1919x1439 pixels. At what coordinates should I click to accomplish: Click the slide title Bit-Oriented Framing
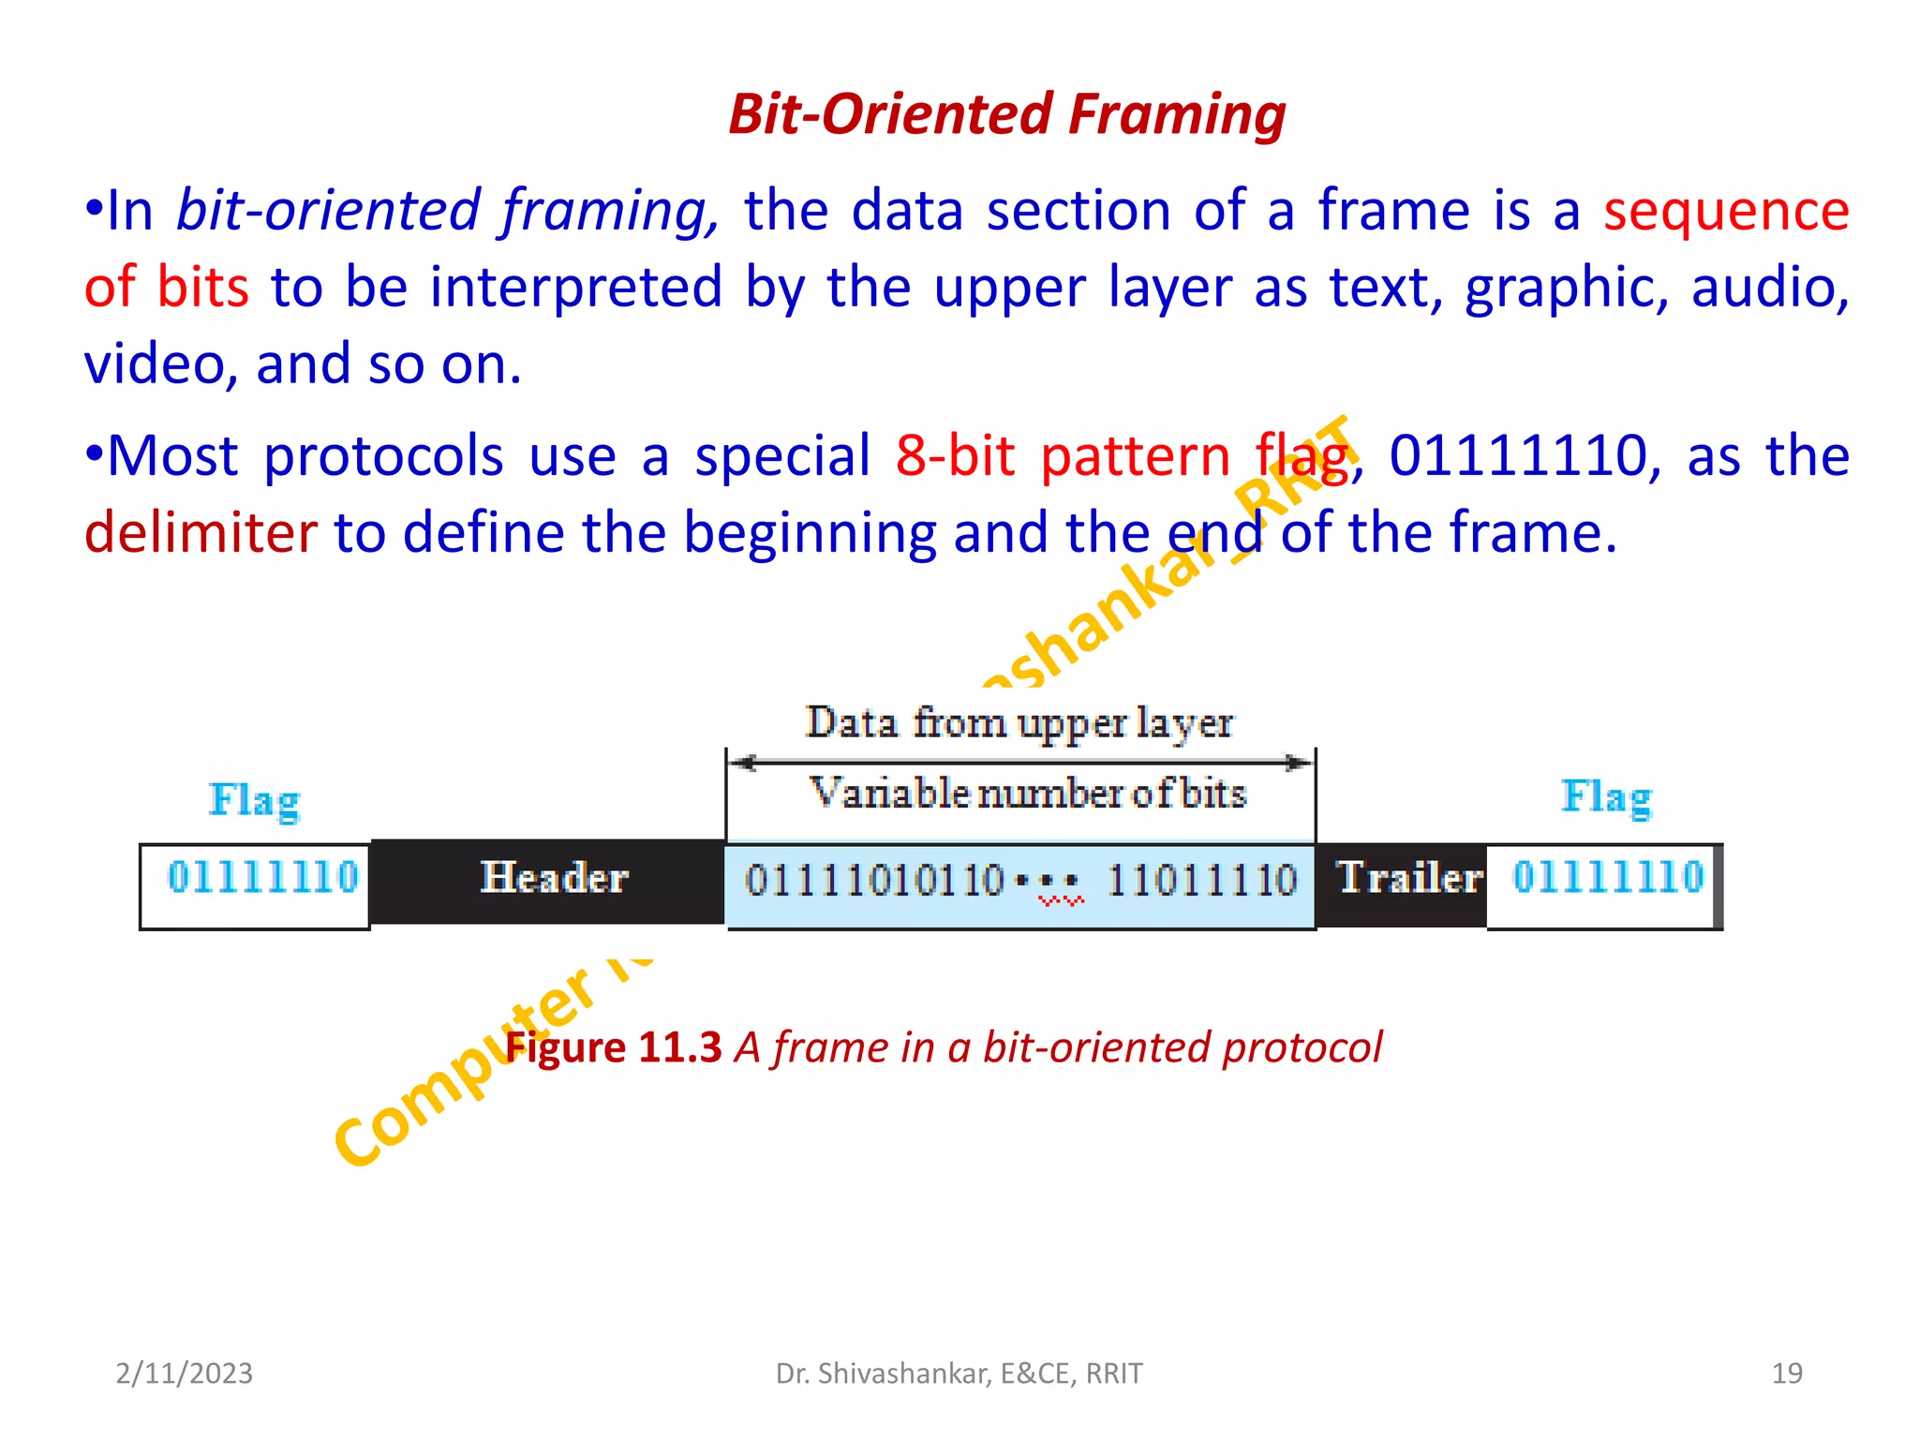click(x=1006, y=114)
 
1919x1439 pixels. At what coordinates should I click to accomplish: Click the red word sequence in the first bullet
click(x=1725, y=210)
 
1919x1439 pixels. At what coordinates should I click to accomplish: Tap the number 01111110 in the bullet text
click(x=1517, y=456)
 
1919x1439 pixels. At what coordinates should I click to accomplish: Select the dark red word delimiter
click(x=201, y=532)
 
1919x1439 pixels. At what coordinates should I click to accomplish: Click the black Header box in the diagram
click(x=553, y=879)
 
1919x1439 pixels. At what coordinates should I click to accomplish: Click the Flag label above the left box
click(x=254, y=801)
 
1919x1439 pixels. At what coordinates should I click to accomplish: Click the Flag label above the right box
click(x=1605, y=797)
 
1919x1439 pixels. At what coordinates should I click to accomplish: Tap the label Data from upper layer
click(x=1019, y=723)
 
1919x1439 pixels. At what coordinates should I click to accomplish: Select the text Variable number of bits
click(x=1027, y=794)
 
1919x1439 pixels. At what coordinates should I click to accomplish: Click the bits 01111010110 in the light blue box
click(x=873, y=881)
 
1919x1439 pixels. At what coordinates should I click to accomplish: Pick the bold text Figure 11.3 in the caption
click(x=614, y=1047)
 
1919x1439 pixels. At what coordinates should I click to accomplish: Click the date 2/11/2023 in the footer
click(x=184, y=1373)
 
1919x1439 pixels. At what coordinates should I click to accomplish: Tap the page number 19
click(x=1786, y=1373)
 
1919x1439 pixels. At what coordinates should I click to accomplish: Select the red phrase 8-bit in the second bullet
click(x=954, y=456)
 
